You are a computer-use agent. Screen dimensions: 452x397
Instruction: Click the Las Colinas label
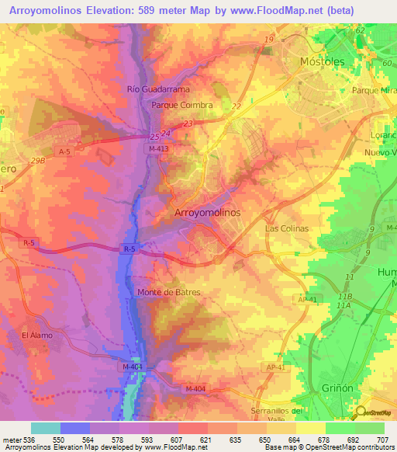click(x=287, y=229)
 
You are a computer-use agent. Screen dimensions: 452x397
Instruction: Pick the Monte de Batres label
click(x=169, y=292)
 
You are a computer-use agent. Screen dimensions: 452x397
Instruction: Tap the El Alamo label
click(x=36, y=336)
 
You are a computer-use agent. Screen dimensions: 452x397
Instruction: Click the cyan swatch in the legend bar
click(x=46, y=428)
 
